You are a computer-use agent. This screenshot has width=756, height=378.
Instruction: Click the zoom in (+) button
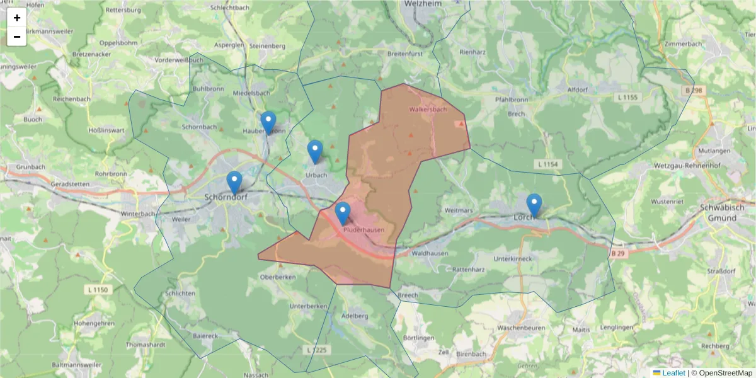[17, 18]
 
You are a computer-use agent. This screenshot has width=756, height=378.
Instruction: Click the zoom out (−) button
[17, 37]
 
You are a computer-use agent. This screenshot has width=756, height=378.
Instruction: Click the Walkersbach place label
[428, 110]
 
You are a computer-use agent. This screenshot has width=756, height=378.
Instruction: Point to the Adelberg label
[353, 316]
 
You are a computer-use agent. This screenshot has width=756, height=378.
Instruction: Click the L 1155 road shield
[627, 97]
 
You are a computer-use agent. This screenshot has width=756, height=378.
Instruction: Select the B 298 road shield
[693, 91]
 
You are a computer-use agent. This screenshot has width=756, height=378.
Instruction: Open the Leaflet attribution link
[673, 373]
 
